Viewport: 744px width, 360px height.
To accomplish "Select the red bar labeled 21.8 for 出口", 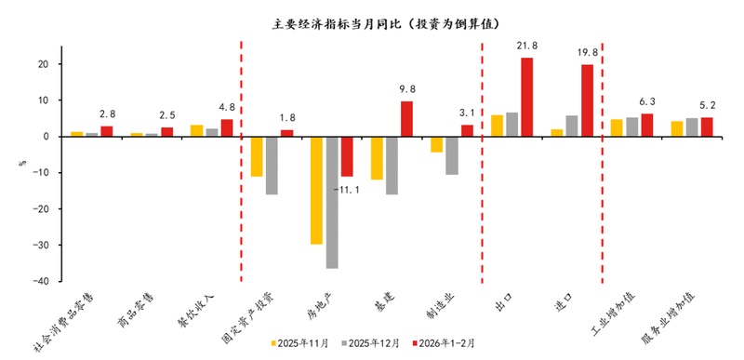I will click(526, 97).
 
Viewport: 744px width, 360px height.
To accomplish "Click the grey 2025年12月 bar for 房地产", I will click(332, 202).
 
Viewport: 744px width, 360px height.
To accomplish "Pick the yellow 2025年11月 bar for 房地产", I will click(317, 190).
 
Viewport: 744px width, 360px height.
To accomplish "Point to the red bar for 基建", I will click(406, 118).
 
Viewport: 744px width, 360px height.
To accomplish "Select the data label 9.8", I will click(407, 89).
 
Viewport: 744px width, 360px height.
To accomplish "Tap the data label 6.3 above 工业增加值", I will click(646, 102).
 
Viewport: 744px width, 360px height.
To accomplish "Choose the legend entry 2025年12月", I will click(371, 343).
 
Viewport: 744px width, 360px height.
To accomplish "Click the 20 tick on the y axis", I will click(43, 64).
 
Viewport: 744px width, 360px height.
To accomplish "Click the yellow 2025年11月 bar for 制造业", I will click(436, 144).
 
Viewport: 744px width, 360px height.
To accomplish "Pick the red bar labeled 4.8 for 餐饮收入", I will click(226, 127).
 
